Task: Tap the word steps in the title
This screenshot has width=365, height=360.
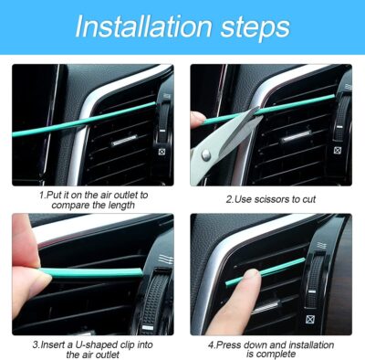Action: (249, 27)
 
